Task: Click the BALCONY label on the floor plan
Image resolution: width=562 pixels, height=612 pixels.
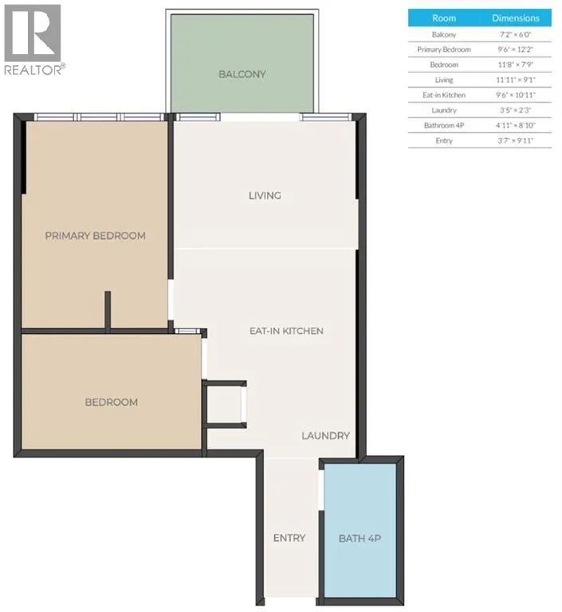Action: (x=242, y=74)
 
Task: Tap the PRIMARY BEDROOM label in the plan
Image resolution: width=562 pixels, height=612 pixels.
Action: (x=96, y=236)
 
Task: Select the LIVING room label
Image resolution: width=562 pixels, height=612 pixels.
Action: (x=265, y=195)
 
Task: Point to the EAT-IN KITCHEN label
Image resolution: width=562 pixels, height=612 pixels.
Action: (x=286, y=331)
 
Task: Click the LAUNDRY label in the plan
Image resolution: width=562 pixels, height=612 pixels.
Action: (x=326, y=436)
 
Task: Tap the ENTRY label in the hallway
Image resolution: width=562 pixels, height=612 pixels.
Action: (x=289, y=538)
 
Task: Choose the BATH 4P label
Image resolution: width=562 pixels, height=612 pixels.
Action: (x=360, y=538)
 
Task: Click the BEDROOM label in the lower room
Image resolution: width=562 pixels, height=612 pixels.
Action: (x=112, y=402)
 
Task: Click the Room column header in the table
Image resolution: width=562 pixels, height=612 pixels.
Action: (x=444, y=18)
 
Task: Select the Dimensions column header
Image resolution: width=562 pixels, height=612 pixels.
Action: (x=516, y=18)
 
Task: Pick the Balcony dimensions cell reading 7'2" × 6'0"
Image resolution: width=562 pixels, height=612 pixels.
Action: (x=516, y=34)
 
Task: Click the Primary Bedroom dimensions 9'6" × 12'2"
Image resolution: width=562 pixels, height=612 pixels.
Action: (x=516, y=49)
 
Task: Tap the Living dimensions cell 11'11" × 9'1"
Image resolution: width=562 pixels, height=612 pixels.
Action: (x=516, y=80)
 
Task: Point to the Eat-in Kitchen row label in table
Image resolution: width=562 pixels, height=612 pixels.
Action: (x=444, y=95)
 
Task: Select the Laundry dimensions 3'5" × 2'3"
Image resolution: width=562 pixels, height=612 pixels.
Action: (x=516, y=110)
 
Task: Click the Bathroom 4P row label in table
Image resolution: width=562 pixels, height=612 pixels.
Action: (x=444, y=125)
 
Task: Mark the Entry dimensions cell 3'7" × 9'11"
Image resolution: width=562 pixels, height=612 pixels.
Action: (x=516, y=140)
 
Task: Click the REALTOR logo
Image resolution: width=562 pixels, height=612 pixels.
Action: (x=34, y=40)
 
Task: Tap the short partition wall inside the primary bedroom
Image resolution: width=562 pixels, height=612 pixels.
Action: (x=108, y=309)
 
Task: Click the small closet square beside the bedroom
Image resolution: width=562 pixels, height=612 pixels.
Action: (x=224, y=404)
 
